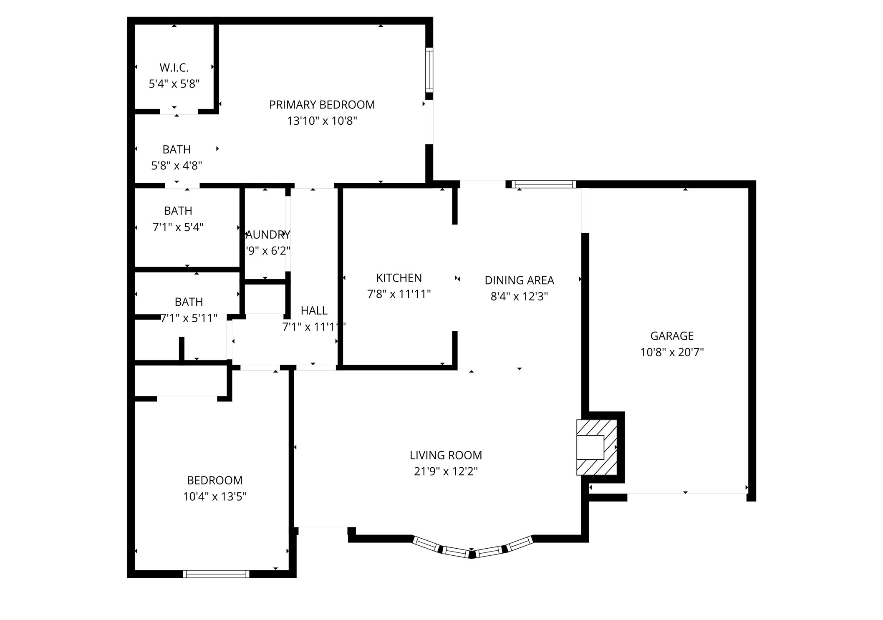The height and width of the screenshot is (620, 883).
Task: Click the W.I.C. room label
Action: (x=174, y=67)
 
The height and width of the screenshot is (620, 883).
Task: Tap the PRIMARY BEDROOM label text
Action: (x=322, y=105)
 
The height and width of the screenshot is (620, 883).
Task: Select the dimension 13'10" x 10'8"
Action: (x=322, y=121)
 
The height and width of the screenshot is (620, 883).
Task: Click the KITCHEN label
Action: (x=399, y=278)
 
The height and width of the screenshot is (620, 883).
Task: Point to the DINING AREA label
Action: (x=519, y=280)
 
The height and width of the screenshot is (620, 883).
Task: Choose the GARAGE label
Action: (x=672, y=336)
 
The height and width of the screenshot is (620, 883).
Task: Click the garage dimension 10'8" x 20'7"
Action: (x=672, y=352)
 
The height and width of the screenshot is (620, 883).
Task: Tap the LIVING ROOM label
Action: (x=446, y=455)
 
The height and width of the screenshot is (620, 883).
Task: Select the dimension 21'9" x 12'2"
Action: (x=446, y=471)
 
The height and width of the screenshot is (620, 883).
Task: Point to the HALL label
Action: (x=314, y=310)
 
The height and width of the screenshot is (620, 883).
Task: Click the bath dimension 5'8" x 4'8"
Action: (x=177, y=166)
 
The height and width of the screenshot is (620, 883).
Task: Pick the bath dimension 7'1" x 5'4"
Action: (x=178, y=227)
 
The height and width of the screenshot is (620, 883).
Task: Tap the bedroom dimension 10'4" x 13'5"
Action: (x=215, y=497)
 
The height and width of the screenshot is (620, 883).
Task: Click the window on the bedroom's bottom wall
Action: (x=216, y=574)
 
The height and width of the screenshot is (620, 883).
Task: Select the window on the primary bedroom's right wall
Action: (x=429, y=70)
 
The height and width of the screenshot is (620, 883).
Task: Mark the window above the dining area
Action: (x=544, y=184)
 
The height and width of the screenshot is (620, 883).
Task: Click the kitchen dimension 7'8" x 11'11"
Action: (x=399, y=294)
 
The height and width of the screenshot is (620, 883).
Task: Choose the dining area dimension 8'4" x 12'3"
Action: (x=519, y=297)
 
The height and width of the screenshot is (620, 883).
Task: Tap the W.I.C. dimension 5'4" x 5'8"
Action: (x=174, y=84)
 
